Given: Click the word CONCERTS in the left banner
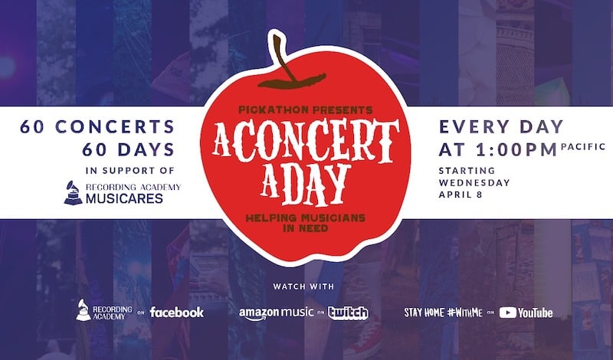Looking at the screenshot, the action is coord(115,126).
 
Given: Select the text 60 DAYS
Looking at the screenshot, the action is coord(129,149).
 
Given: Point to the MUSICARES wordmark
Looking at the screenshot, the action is coord(124,198).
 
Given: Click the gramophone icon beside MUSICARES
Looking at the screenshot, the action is coord(73,192).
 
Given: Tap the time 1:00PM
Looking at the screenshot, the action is coord(516,149).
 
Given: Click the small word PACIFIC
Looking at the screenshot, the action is coord(583,146).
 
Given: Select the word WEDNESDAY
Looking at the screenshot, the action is coord(474,182).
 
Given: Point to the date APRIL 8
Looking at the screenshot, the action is coord(461,195).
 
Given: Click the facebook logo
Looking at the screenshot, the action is coord(177,312).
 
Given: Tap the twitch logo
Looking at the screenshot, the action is coord(349,313).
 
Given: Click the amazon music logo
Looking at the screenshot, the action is coord(276,313).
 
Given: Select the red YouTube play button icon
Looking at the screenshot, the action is coord(507,313).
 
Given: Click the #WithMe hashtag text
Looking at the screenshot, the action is coord(465,313).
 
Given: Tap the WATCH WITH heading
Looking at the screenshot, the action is coord(303,286).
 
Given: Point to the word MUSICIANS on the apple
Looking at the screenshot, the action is coord(330,218).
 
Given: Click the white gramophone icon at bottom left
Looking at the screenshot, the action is coord(84,310).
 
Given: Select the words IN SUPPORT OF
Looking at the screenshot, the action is coord(129,170).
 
